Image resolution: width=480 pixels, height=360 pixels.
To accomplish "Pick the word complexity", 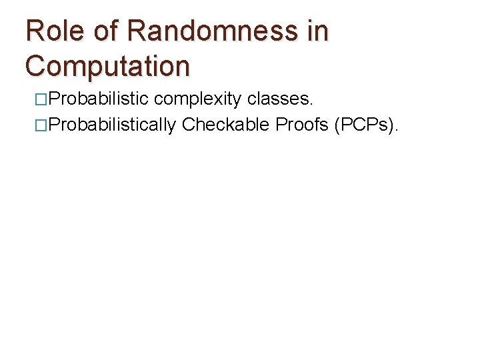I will (x=198, y=100).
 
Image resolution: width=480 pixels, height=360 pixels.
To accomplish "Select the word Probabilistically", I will (x=111, y=124).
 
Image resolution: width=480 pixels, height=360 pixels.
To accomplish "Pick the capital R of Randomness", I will (x=136, y=31).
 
